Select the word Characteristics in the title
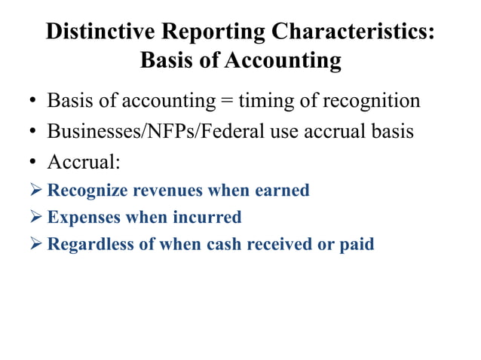pos(351,32)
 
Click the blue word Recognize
pos(87,191)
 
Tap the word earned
pos(282,191)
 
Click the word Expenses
pos(82,218)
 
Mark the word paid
pos(358,245)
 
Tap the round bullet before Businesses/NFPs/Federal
pos(34,131)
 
